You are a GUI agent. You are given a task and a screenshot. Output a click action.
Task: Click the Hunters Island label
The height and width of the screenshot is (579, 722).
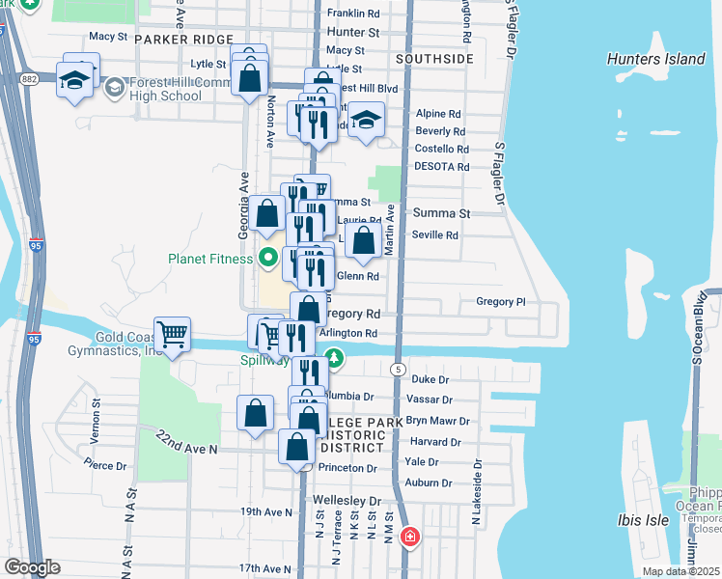(655, 59)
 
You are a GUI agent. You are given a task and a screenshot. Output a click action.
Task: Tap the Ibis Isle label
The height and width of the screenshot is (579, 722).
(644, 520)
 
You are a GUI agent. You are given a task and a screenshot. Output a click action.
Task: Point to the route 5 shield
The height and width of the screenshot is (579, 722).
(397, 369)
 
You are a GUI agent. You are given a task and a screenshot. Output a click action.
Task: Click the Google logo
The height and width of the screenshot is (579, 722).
(31, 567)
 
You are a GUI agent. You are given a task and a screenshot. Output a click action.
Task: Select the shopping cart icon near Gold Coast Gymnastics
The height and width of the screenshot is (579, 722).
(172, 334)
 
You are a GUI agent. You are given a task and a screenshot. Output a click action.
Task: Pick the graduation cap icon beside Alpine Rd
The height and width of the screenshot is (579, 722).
(365, 120)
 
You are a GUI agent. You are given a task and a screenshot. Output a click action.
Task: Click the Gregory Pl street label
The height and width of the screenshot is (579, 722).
(500, 302)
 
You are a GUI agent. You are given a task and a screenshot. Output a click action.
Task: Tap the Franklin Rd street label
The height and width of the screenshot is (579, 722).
(353, 14)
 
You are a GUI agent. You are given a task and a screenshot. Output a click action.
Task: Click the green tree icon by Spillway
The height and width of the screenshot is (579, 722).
(334, 359)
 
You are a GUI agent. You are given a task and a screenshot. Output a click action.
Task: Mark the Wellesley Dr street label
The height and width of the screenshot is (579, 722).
(347, 501)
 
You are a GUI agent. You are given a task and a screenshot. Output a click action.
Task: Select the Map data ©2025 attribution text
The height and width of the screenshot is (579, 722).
(680, 571)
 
